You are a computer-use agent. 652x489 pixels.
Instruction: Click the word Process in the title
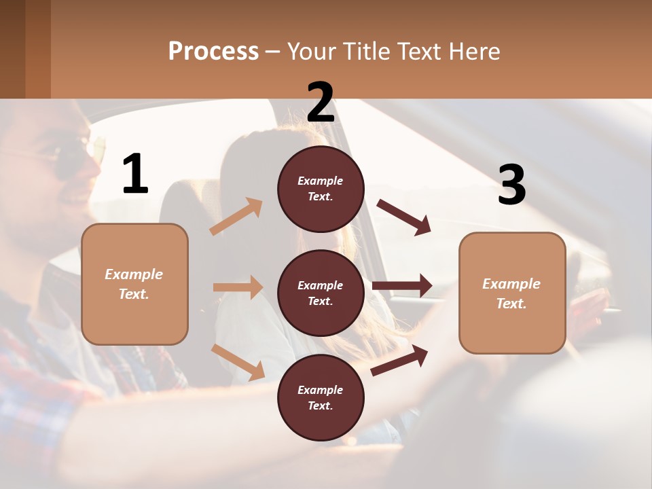tap(213, 52)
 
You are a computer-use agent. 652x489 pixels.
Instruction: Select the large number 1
tap(135, 175)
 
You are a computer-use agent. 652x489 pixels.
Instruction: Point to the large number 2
tap(321, 103)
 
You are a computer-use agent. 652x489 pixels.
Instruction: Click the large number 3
tap(511, 185)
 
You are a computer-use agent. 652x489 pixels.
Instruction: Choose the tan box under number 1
tap(134, 283)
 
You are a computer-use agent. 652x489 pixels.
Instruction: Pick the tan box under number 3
tap(512, 293)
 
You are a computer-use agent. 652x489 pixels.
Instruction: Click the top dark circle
tap(321, 189)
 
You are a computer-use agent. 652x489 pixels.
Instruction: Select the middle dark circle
tap(321, 293)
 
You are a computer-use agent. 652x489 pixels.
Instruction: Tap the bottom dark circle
tap(321, 397)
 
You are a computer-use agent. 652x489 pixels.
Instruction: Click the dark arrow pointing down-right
tap(404, 217)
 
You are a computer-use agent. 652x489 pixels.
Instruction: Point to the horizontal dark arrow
tap(402, 286)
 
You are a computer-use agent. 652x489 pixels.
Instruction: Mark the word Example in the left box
tap(134, 274)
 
